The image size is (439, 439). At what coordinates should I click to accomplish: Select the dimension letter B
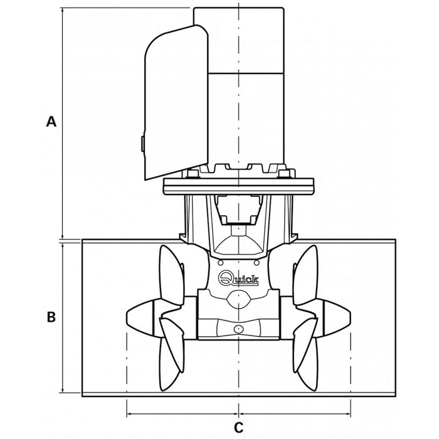pyautogui.click(x=51, y=317)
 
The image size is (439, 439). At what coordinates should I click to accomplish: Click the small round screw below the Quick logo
pyautogui.click(x=238, y=329)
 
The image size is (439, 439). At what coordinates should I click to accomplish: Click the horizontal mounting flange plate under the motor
pyautogui.click(x=238, y=186)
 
